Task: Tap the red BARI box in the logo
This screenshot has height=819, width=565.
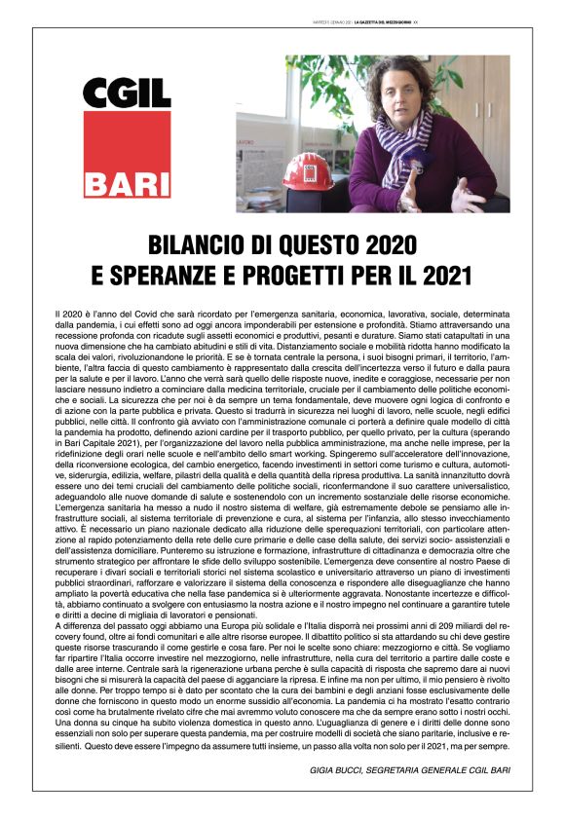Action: pyautogui.click(x=127, y=181)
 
